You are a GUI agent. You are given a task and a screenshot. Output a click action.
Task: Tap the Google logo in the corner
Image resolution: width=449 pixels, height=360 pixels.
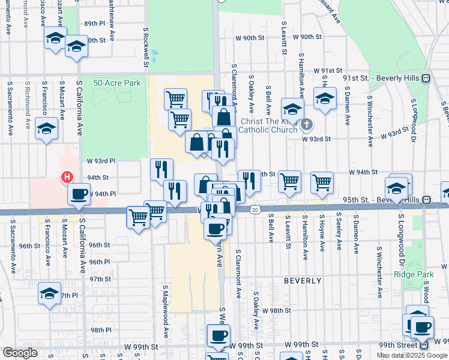click(x=20, y=353)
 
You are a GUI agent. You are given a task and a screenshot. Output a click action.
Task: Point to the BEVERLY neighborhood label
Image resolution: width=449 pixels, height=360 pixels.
click(x=303, y=281)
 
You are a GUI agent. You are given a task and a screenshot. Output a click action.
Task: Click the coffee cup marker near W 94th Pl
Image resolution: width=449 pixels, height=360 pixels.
click(x=79, y=194)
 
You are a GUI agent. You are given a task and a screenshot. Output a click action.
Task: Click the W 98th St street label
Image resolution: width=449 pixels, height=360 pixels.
click(x=276, y=311)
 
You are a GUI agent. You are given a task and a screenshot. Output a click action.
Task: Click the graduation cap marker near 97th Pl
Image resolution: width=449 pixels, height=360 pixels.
click(x=50, y=293)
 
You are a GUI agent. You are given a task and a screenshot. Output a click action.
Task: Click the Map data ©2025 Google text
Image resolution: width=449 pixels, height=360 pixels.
click(x=412, y=355)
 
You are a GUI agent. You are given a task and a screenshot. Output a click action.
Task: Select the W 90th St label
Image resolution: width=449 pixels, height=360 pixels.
click(x=249, y=38)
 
